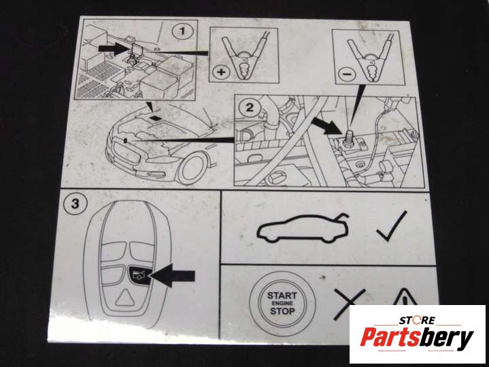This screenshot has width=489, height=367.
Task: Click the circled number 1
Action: coord(182,31)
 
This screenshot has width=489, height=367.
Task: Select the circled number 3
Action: coord(75,204)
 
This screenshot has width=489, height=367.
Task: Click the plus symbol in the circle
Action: coord(221,72)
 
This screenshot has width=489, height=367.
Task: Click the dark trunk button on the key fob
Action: coord(139,275)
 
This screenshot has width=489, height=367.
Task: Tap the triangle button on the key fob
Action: coord(125,298)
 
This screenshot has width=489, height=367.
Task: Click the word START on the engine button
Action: coord(282,295)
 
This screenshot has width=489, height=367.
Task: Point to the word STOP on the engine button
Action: coord(282,311)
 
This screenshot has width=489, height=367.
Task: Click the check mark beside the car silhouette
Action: coord(392,226)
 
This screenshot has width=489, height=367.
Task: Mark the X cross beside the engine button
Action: coord(349,304)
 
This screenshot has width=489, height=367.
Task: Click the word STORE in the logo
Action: coord(417,320)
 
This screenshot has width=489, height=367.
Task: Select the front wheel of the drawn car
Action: coord(192,169)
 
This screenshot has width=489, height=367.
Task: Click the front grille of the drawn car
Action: coord(127,153)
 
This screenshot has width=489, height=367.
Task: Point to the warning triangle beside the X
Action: coord(405,297)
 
